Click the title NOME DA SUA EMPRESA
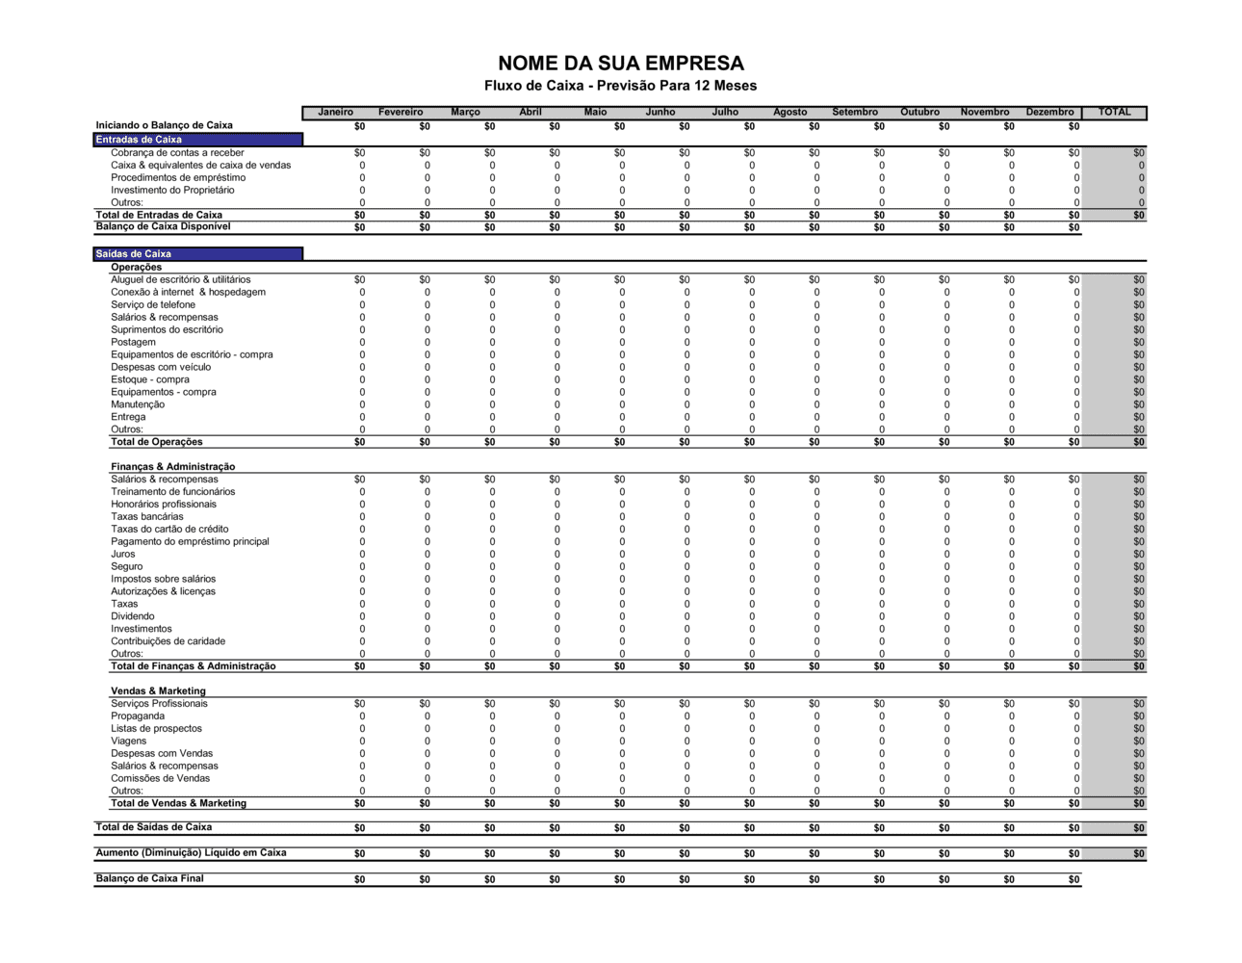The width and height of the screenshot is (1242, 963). tap(621, 64)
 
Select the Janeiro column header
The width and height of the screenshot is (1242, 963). tap(335, 113)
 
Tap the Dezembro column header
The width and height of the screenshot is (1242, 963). tap(1048, 113)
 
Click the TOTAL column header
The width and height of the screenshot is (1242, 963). tap(1114, 113)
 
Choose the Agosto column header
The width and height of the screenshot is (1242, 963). tap(789, 113)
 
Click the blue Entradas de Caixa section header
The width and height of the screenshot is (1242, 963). tap(198, 140)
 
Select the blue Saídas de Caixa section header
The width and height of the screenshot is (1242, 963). tap(198, 254)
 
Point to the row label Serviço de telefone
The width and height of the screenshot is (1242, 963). tap(153, 305)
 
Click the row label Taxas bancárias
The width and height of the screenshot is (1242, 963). tap(147, 517)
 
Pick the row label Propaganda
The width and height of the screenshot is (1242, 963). tap(138, 716)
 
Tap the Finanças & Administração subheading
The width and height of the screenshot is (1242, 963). tap(172, 467)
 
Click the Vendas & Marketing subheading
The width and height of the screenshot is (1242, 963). tap(158, 691)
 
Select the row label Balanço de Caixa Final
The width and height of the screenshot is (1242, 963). tap(149, 878)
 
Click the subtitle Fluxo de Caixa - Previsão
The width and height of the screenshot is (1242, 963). tap(621, 86)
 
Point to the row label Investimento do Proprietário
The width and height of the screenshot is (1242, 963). tap(172, 191)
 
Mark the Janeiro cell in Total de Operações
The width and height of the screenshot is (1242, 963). tap(359, 443)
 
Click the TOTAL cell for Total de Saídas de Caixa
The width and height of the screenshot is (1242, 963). tap(1139, 829)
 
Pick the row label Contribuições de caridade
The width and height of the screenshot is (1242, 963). tap(168, 641)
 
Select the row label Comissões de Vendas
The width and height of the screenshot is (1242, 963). tap(160, 779)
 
